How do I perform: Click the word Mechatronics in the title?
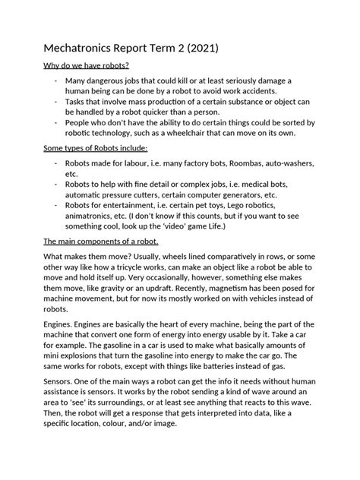click(x=80, y=49)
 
